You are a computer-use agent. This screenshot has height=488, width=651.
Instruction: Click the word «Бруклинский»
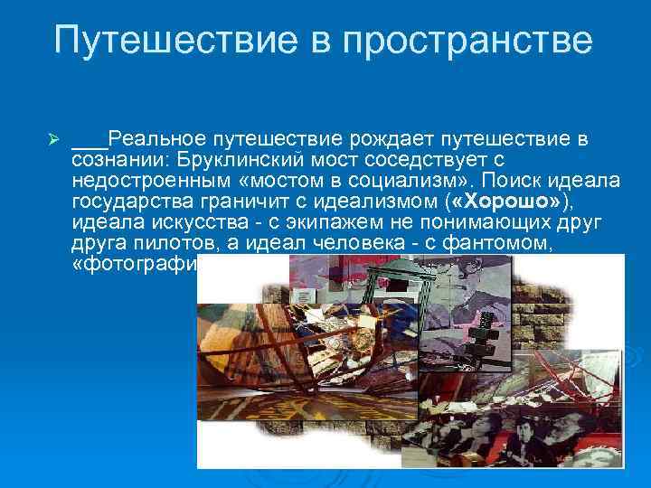click(x=237, y=160)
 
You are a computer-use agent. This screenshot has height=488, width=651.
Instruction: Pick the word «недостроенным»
click(x=145, y=180)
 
